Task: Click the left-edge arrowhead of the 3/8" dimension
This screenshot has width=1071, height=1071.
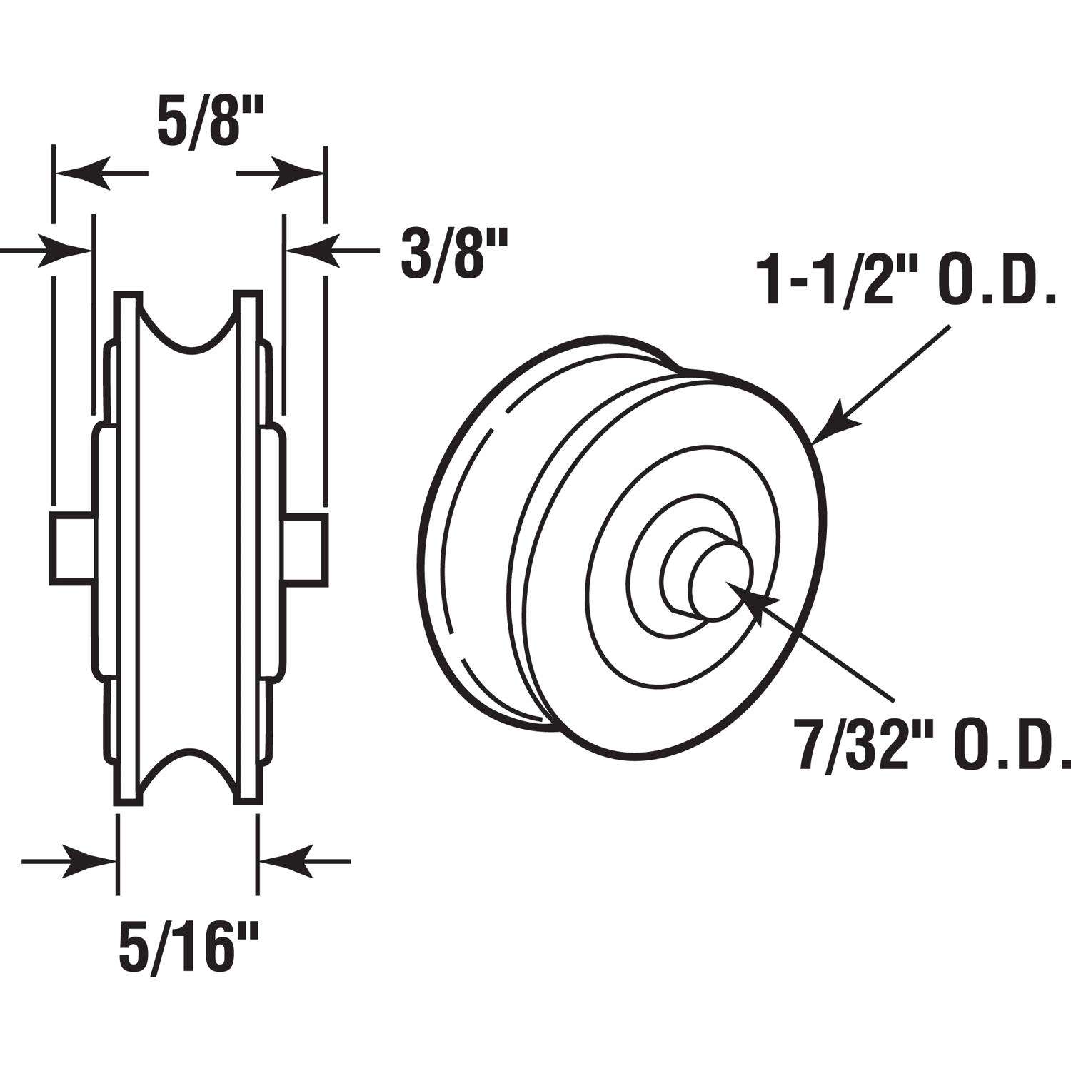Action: (x=68, y=250)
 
